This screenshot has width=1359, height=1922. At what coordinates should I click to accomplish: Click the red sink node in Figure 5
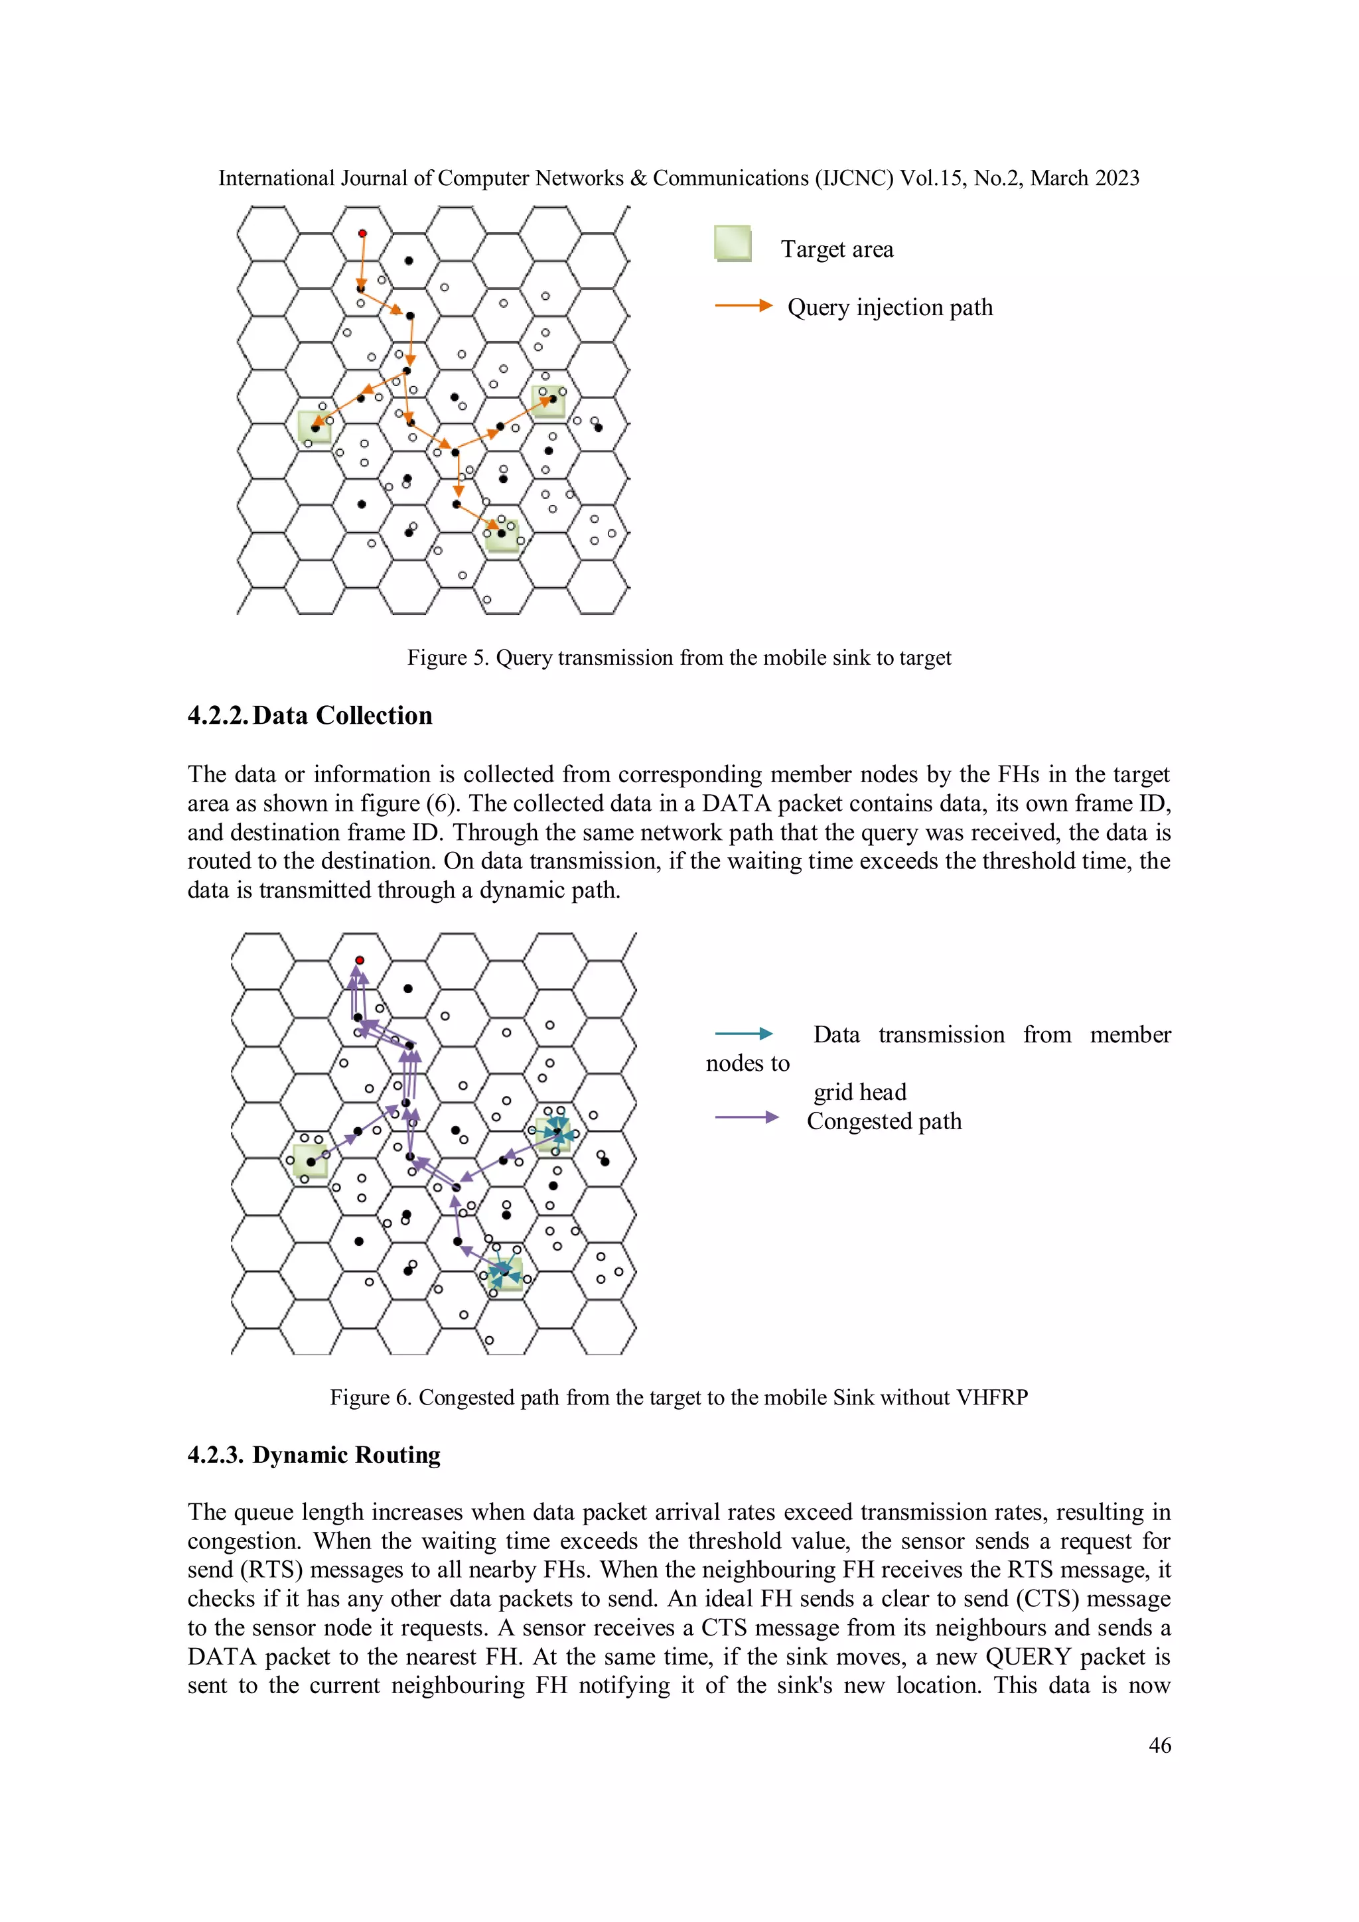(x=362, y=234)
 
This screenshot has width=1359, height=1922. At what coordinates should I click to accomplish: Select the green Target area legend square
(x=733, y=243)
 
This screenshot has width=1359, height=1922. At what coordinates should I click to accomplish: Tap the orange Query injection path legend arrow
(x=743, y=306)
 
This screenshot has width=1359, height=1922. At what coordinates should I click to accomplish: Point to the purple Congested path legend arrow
(x=746, y=1117)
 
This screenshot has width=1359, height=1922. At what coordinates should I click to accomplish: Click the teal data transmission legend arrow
(x=743, y=1034)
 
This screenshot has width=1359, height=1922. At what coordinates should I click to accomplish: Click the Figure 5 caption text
(x=679, y=658)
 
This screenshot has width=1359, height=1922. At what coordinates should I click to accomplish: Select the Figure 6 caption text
(x=679, y=1397)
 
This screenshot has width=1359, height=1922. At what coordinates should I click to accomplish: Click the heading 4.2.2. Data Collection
(x=310, y=716)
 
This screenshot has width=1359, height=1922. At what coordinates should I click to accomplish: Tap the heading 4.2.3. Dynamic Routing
(x=314, y=1455)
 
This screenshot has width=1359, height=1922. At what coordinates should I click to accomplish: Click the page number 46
(x=1160, y=1746)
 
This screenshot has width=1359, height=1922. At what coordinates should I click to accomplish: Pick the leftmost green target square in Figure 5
(x=315, y=427)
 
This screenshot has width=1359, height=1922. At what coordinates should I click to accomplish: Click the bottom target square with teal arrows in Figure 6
(x=506, y=1273)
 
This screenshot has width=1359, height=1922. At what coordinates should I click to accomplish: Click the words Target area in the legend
(x=837, y=249)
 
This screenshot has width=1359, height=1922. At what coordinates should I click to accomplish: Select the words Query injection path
(x=890, y=307)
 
